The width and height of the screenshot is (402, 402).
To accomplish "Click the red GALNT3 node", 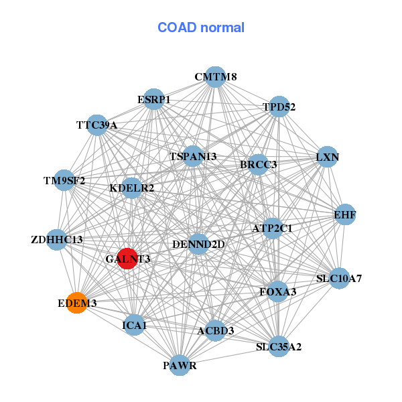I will [x=127, y=258].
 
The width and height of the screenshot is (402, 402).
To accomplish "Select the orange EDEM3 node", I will [x=77, y=303].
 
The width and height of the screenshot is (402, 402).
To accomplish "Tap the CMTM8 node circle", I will [x=215, y=77].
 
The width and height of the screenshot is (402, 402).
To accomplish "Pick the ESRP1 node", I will [x=154, y=99].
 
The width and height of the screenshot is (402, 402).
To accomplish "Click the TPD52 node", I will [x=278, y=107].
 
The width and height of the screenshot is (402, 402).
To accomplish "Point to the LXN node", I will [x=327, y=157].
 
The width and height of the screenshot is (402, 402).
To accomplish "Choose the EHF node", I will [x=345, y=214].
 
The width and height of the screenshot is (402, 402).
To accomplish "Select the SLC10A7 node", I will [x=340, y=277].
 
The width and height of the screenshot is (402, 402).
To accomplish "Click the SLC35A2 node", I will [x=279, y=346].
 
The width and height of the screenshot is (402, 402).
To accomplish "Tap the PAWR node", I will [x=180, y=365].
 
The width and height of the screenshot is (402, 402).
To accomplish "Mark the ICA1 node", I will [x=134, y=325].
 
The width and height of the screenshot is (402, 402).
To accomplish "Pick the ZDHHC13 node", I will [x=57, y=239].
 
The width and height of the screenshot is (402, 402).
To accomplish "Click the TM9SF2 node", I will [x=64, y=180].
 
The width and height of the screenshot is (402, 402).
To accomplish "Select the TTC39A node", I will [x=97, y=125].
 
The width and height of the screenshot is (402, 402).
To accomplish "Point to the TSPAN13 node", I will [x=193, y=156].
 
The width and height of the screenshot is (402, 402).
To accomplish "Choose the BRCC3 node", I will [x=259, y=164].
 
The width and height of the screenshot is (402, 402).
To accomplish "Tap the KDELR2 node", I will [x=132, y=188].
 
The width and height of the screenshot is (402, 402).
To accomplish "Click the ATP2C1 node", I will [x=273, y=228].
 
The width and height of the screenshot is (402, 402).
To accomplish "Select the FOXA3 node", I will [x=278, y=291].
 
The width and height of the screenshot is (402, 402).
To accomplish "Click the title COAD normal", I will [x=201, y=28].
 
